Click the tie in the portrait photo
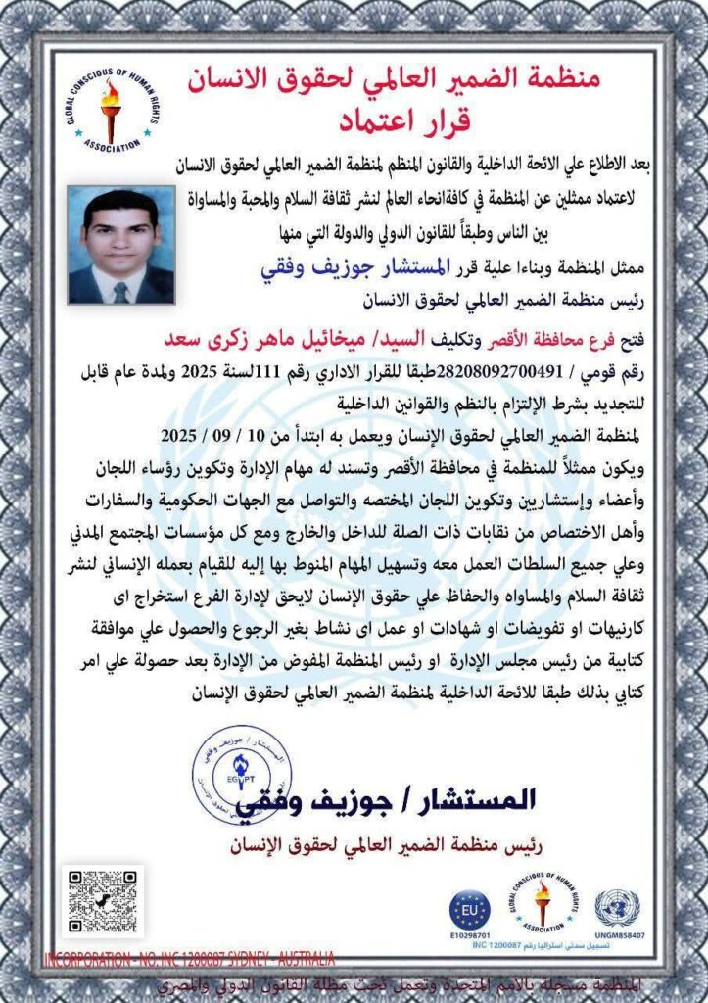[120, 292]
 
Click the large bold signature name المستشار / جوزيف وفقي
[420, 797]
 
